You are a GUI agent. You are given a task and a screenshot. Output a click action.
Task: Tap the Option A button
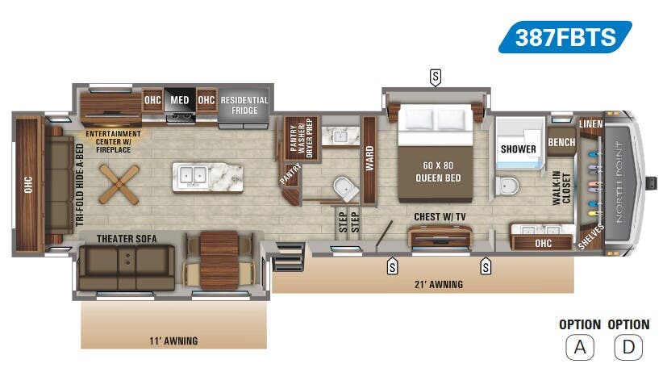click(579, 347)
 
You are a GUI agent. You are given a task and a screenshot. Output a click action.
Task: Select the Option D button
click(627, 347)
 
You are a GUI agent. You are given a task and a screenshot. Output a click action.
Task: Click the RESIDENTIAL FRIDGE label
click(244, 104)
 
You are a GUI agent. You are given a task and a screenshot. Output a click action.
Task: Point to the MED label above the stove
click(179, 101)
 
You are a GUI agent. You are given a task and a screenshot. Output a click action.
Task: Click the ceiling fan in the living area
click(119, 183)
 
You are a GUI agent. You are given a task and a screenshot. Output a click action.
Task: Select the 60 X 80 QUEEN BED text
click(438, 172)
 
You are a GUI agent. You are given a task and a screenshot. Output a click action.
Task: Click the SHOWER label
click(518, 149)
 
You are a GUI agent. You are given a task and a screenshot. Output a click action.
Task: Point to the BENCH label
click(561, 143)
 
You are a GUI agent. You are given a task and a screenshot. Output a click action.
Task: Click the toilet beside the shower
click(507, 186)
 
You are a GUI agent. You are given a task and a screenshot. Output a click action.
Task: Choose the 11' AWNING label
click(173, 341)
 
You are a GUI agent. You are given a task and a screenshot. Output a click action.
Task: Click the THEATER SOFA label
click(127, 238)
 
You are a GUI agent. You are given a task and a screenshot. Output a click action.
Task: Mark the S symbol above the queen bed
click(436, 77)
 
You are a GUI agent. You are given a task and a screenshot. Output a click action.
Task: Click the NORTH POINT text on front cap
click(619, 182)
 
